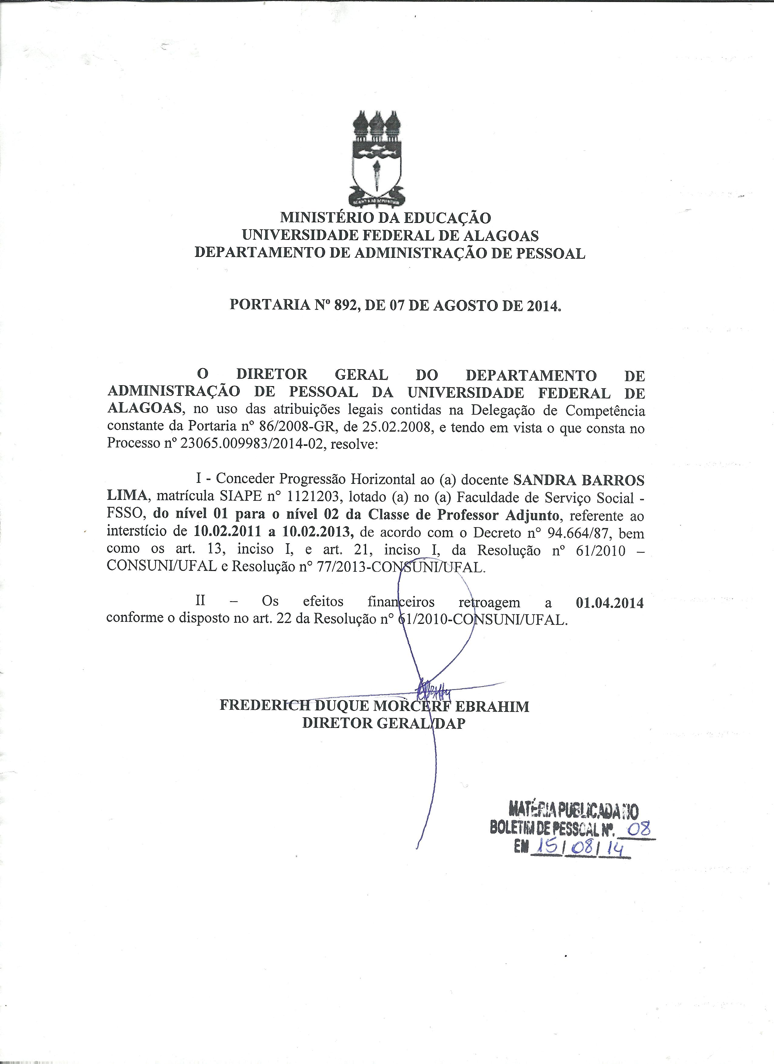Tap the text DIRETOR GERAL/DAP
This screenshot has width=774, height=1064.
[x=383, y=723]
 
